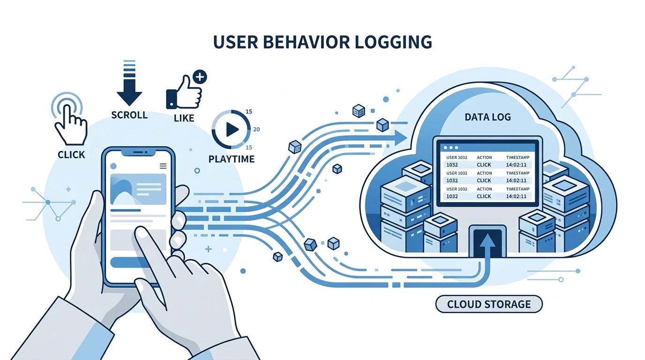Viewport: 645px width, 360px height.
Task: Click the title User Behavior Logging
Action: pos(322,42)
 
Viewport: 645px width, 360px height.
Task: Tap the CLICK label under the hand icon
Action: pos(71,154)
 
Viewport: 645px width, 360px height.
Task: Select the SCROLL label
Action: pos(129,115)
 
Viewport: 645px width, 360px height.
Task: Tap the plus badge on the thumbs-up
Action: pos(200,77)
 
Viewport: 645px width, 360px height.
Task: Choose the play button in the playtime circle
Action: pos(231,129)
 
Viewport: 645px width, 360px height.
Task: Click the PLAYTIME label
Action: pos(231,159)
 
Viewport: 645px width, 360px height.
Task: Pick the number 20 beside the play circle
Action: pos(256,129)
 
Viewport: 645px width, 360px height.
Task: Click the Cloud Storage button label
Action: pos(489,304)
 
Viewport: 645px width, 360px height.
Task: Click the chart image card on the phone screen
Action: pos(138,189)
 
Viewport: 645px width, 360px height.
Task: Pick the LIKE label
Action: pos(184,118)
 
